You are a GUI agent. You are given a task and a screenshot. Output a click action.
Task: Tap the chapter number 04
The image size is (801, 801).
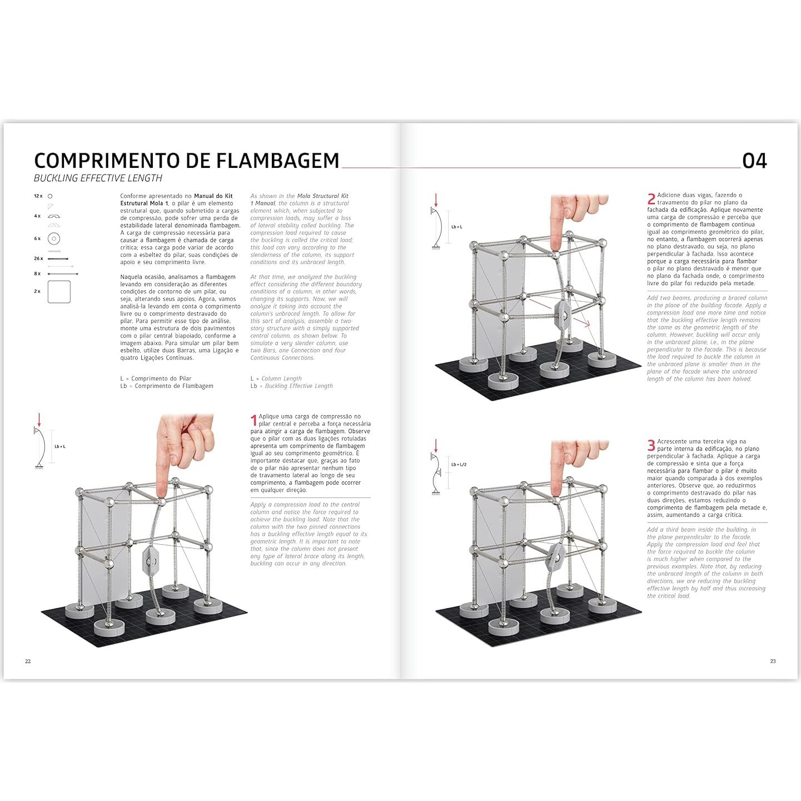pyautogui.click(x=754, y=161)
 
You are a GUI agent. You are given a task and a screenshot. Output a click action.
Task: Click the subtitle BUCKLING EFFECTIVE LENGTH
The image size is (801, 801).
pyautogui.click(x=98, y=178)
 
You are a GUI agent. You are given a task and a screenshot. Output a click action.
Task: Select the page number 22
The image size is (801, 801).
pyautogui.click(x=28, y=661)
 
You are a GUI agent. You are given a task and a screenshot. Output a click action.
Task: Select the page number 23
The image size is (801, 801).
pyautogui.click(x=773, y=661)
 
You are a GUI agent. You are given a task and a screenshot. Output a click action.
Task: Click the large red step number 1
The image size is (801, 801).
pyautogui.click(x=254, y=420)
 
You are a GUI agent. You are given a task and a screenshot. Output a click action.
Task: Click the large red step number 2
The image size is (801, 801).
pyautogui.click(x=651, y=199)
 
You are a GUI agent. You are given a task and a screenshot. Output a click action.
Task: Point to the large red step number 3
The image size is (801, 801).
pyautogui.click(x=651, y=445)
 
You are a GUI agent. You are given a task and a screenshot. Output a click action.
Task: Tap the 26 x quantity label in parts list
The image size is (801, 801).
pyautogui.click(x=38, y=258)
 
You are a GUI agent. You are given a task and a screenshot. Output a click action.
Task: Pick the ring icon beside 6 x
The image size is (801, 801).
pyautogui.click(x=54, y=238)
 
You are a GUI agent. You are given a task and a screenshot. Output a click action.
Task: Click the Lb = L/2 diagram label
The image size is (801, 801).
pyautogui.click(x=459, y=464)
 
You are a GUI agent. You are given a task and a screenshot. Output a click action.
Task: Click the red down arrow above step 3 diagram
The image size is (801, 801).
pyautogui.click(x=436, y=445)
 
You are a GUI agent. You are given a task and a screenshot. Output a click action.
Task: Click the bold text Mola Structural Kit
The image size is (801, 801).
pyautogui.click(x=322, y=196)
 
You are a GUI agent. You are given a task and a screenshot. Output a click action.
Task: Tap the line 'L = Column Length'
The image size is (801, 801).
pyautogui.click(x=276, y=379)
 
